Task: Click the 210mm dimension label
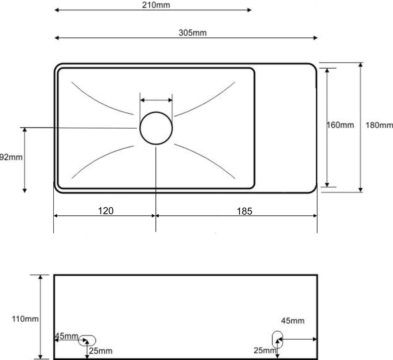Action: tap(156, 5)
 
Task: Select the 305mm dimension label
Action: tap(193, 33)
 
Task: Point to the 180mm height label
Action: tap(379, 125)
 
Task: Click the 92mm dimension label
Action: tap(11, 157)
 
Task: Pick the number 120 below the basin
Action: tap(106, 211)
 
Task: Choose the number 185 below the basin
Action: tap(244, 211)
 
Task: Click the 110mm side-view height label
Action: tap(25, 319)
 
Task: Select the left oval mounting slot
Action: tap(87, 336)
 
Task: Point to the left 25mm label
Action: tap(101, 351)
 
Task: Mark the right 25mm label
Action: tap(265, 350)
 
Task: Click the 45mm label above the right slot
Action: tap(292, 321)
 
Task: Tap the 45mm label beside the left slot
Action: tap(67, 336)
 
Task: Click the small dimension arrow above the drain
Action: tap(156, 100)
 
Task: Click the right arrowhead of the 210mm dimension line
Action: tap(249, 10)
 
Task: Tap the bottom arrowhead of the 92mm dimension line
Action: tap(25, 190)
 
